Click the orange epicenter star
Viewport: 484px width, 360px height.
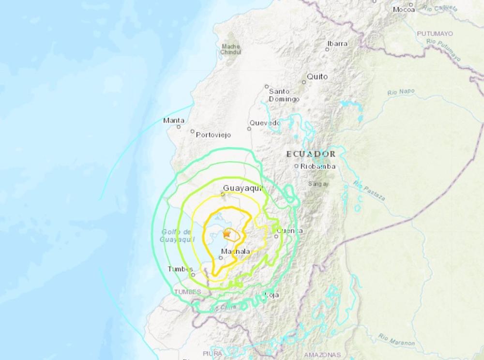[x=226, y=234]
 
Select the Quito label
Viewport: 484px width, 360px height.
[x=317, y=76]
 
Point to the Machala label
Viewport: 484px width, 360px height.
[x=235, y=252]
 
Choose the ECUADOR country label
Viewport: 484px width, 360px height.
[x=311, y=154]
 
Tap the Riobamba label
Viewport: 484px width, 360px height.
[x=314, y=166]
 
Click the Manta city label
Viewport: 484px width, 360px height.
[x=174, y=120]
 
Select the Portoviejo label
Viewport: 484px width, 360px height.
[x=213, y=135]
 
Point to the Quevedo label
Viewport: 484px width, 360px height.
[x=265, y=123]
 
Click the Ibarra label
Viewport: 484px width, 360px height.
[x=337, y=43]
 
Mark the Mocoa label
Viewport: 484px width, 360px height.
[x=404, y=9]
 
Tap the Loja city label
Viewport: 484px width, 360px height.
[x=273, y=295]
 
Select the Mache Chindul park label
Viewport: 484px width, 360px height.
[x=230, y=49]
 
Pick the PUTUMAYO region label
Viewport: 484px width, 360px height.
[x=434, y=33]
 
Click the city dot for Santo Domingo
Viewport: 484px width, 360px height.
[x=267, y=87]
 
